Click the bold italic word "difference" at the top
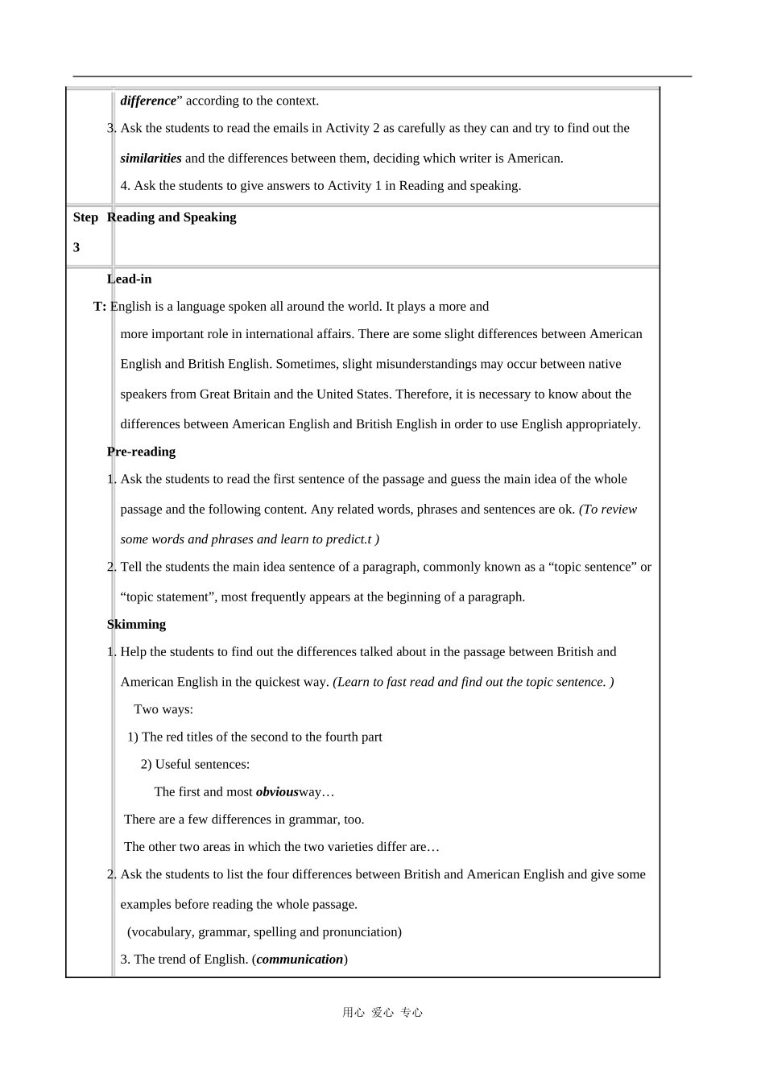click(x=148, y=101)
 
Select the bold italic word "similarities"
click(x=151, y=158)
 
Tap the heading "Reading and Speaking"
click(x=172, y=217)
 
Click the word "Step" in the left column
click(x=85, y=217)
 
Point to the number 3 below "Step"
click(x=76, y=247)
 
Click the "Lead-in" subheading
click(x=129, y=279)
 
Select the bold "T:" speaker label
click(x=100, y=307)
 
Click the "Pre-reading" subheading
click(x=141, y=452)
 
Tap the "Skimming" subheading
click(x=136, y=625)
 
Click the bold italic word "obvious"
click(x=277, y=792)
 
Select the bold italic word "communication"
click(x=300, y=960)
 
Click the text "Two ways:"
click(x=163, y=709)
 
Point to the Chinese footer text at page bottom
click(x=382, y=1013)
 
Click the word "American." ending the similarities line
click(x=535, y=158)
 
